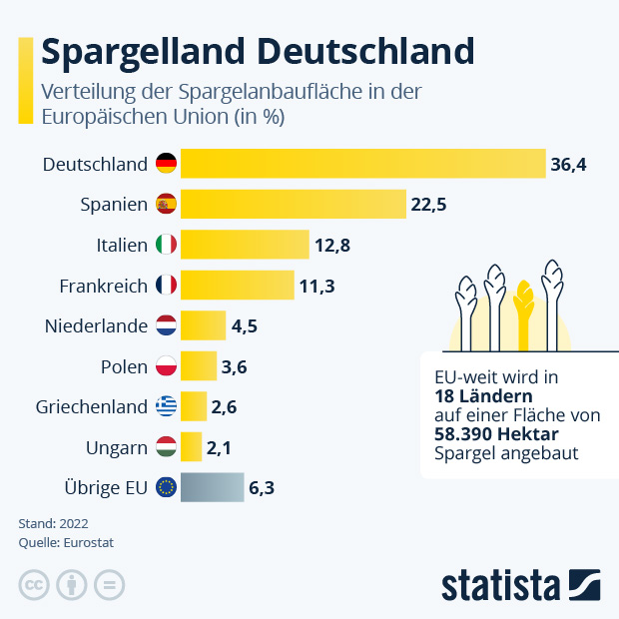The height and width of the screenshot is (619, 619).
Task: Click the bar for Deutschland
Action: click(362, 164)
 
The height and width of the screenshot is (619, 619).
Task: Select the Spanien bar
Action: click(293, 205)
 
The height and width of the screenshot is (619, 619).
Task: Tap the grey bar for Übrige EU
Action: click(212, 488)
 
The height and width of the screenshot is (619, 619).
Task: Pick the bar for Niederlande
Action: click(203, 325)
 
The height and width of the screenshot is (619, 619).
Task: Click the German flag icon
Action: click(166, 164)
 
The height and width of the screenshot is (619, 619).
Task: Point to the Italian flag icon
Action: click(166, 245)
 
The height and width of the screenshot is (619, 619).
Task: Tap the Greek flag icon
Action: click(166, 406)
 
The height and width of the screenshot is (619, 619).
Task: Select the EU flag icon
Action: click(166, 488)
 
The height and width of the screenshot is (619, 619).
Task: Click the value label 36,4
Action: click(568, 165)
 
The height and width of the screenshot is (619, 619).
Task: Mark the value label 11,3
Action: click(316, 287)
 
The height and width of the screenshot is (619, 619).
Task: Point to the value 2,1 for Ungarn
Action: click(220, 448)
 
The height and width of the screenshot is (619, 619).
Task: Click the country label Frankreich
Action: click(104, 286)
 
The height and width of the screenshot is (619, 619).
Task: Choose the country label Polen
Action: click(125, 366)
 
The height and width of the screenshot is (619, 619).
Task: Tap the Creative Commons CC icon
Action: click(34, 585)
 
